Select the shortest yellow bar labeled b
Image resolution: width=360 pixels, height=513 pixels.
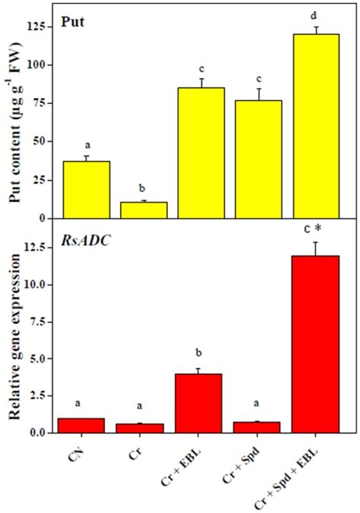(148, 210)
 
